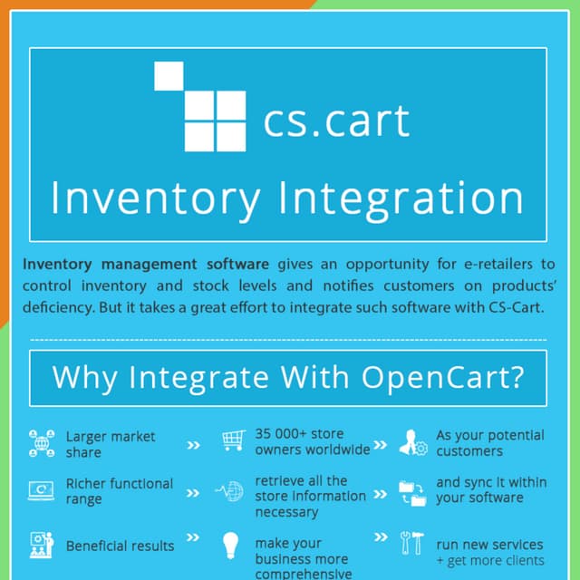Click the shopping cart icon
[x=233, y=441]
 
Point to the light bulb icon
[x=231, y=546]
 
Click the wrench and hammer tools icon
[x=412, y=544]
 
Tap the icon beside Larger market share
[x=42, y=443]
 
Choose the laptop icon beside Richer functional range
[x=42, y=492]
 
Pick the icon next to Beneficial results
[x=42, y=546]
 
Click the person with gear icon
[x=412, y=442]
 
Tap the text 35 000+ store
[x=299, y=434]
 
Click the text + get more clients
[x=489, y=561]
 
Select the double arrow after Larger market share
[x=193, y=445]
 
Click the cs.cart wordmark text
[x=336, y=121]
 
